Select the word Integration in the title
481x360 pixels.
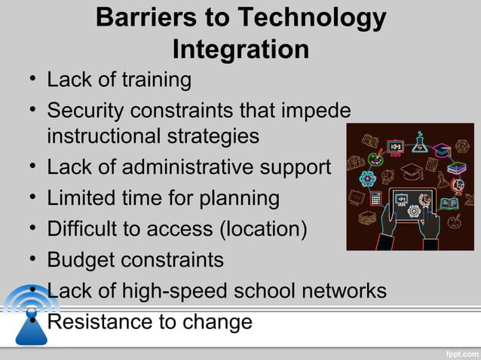tap(240, 50)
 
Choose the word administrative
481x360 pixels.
tap(191, 168)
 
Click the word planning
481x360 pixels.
tap(234, 199)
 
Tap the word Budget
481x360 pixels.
tap(81, 260)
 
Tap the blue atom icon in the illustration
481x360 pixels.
tap(367, 178)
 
